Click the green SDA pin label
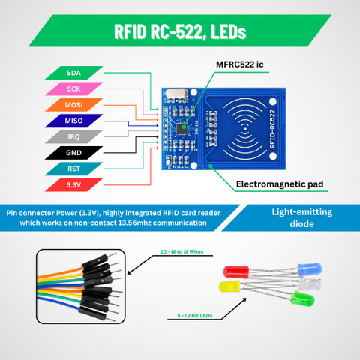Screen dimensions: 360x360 (73, 73)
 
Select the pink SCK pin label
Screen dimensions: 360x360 (73, 88)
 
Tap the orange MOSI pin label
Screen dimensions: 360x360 (73, 105)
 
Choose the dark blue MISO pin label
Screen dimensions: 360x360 (73, 121)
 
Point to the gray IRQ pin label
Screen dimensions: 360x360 (73, 136)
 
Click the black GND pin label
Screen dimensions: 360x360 (73, 153)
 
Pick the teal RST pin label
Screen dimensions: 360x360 (73, 169)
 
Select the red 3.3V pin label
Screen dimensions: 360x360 (73, 185)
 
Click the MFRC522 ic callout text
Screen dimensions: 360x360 (240, 64)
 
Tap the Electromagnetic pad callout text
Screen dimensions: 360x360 (280, 184)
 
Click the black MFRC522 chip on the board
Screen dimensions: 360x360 (181, 129)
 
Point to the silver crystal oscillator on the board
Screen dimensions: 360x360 (177, 93)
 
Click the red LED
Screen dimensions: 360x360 (235, 271)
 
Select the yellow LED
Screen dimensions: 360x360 (229, 286)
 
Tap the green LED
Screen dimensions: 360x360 (303, 298)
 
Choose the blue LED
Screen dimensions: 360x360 (310, 269)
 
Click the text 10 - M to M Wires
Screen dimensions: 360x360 (181, 252)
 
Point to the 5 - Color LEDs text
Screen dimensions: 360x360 (195, 316)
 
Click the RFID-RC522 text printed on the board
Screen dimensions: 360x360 (272, 129)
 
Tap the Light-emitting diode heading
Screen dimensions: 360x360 (302, 218)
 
